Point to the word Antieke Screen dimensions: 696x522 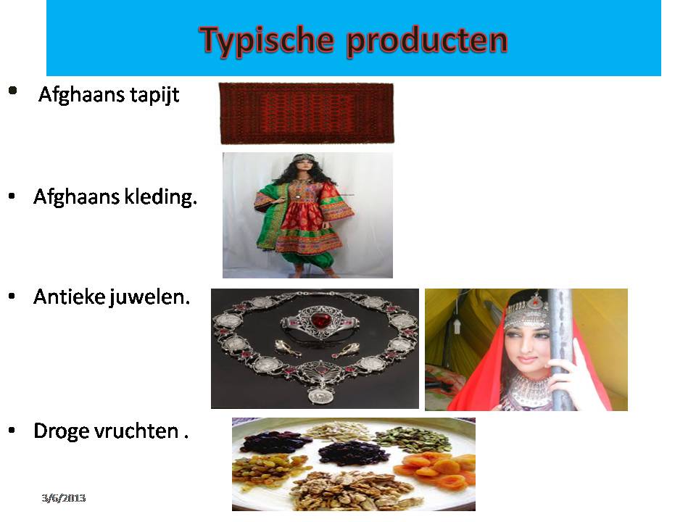[69, 297]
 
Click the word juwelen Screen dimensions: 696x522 [149, 297]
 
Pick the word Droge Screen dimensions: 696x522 [62, 431]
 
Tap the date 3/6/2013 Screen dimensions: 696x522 [64, 498]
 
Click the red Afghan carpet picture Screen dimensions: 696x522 [307, 113]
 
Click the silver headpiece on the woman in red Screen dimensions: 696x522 [529, 310]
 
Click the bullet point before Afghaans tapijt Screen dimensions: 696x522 [13, 91]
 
